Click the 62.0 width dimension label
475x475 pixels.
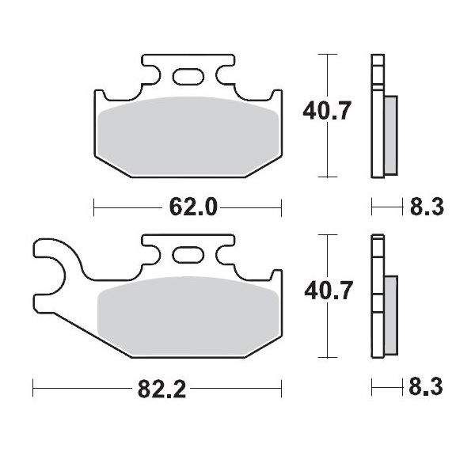(192, 208)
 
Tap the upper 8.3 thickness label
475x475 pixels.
(426, 208)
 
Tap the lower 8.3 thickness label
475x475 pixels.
(426, 389)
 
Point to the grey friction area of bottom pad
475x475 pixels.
(188, 317)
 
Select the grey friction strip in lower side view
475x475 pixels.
(390, 314)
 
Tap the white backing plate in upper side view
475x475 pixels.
(376, 119)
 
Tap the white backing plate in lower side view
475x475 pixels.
(376, 301)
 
